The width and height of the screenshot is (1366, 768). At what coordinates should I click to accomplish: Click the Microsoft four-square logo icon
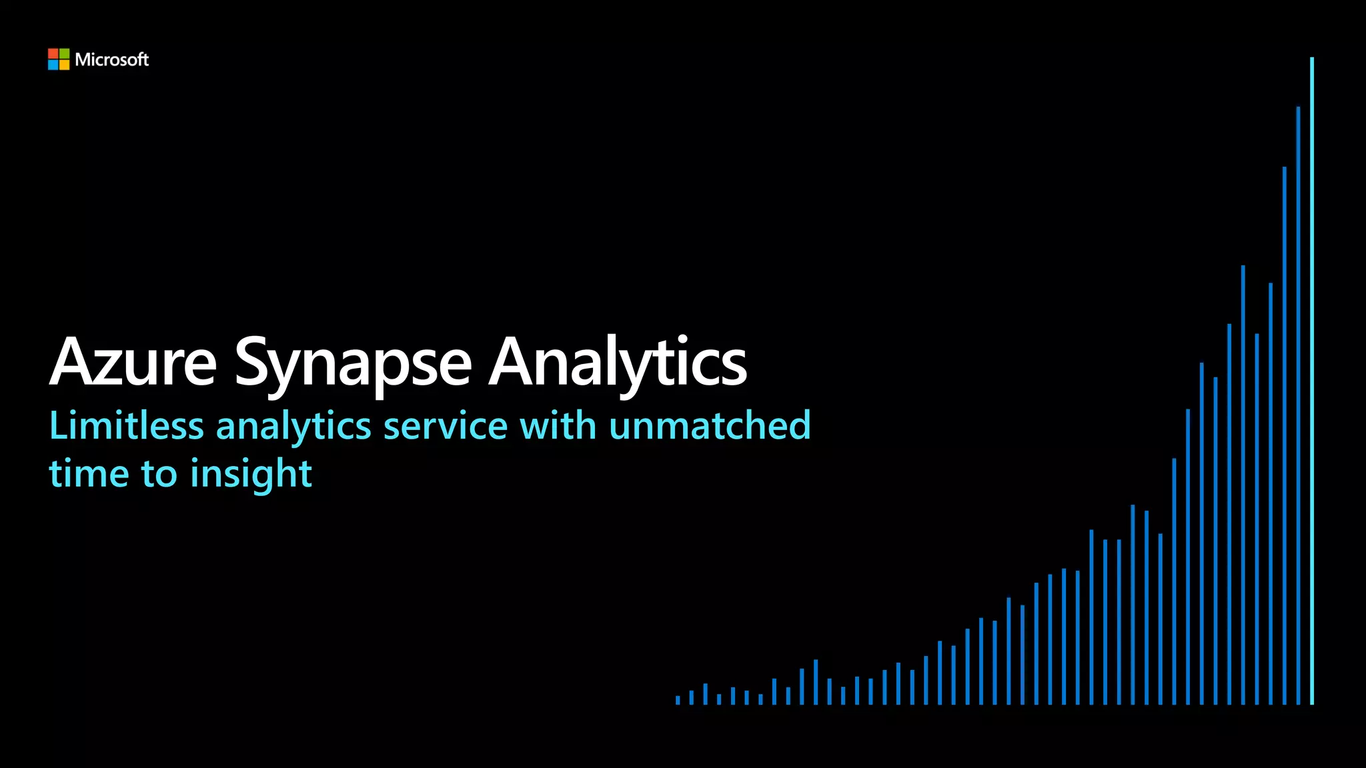(59, 59)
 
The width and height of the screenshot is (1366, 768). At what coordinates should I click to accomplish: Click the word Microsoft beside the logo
(112, 60)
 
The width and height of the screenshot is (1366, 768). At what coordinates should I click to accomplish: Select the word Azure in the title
(133, 362)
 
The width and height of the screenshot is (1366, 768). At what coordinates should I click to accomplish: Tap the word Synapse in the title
(353, 364)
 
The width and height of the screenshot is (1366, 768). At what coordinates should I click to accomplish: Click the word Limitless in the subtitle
(126, 425)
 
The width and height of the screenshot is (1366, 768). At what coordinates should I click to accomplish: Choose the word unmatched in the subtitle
(710, 425)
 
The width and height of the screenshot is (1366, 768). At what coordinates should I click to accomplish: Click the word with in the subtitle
(558, 425)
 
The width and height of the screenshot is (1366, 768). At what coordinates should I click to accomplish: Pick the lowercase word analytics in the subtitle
(293, 427)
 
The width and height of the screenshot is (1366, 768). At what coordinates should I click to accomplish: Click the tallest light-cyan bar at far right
(1312, 380)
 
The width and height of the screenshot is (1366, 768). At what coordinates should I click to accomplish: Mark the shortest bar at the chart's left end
(678, 700)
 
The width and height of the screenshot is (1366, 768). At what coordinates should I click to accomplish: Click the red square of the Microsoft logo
(53, 53)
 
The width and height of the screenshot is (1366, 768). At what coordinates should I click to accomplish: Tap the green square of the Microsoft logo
(64, 53)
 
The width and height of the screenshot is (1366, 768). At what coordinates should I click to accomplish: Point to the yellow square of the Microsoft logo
(64, 65)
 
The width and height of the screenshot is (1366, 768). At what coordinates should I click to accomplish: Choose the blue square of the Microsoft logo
(53, 65)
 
